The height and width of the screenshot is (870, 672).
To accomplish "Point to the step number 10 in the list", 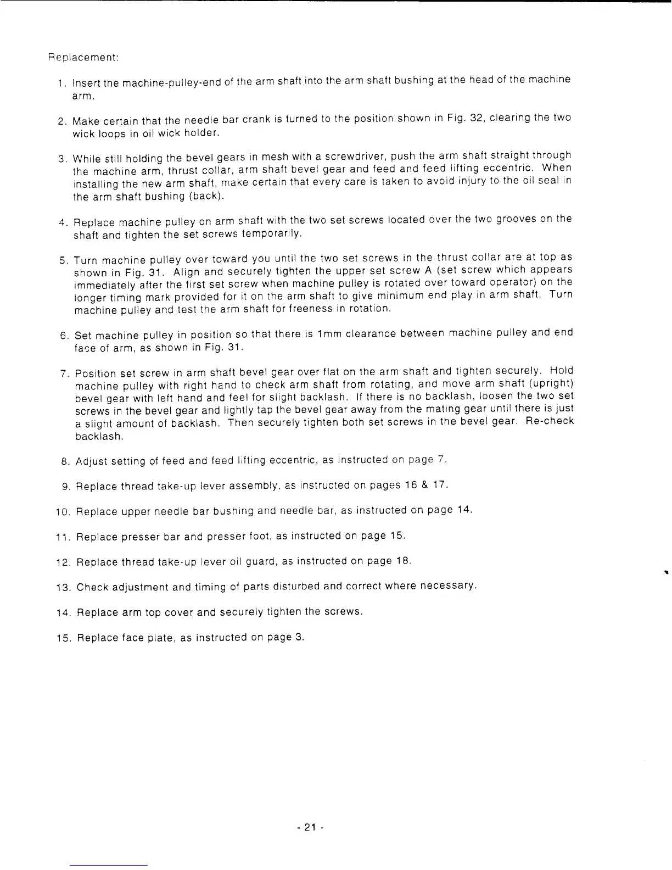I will pos(62,512).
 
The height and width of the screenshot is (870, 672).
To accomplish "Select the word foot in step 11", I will pos(259,536).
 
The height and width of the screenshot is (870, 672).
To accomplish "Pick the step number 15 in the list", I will pos(62,638).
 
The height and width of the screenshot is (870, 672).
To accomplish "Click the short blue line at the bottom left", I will pos(109,865).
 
